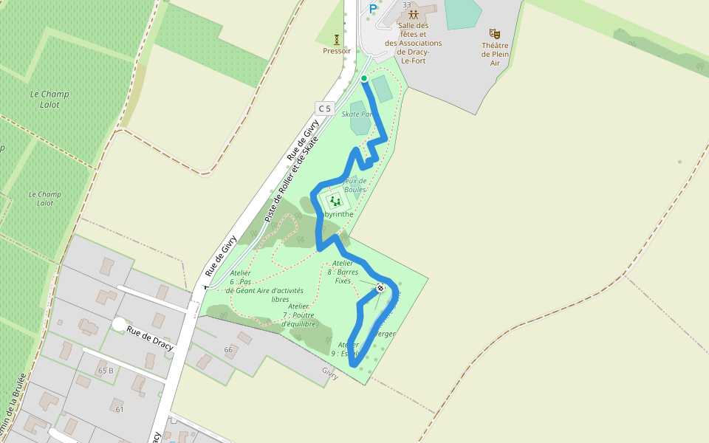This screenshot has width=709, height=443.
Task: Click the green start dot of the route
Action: pos(364,78)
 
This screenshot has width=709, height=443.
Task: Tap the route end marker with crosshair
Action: pos(380,288)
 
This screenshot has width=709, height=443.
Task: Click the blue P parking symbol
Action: pos(373,9)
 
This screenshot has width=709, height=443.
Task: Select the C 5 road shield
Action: pos(324,109)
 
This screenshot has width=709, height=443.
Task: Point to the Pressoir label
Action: pos(336,51)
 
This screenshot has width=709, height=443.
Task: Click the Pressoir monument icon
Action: pos(337,38)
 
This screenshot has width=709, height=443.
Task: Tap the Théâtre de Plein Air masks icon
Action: pos(495,33)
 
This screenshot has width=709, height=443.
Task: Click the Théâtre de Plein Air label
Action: pos(496,54)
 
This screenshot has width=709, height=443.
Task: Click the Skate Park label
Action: pos(356,114)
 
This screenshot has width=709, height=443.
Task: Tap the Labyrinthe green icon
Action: pos(336,200)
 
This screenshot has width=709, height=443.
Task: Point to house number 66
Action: pos(228,349)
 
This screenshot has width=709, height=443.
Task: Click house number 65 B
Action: pos(106,371)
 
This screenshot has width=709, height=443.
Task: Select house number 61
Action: pos(119,409)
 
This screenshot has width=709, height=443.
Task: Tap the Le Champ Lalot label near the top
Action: pos(49,99)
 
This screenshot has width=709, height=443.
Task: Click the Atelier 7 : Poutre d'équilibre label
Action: pos(298,315)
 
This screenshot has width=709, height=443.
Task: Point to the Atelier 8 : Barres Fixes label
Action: pos(343,272)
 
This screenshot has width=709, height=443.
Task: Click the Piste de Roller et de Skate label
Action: pos(292,180)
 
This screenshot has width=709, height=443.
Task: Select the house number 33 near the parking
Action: pos(406,4)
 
